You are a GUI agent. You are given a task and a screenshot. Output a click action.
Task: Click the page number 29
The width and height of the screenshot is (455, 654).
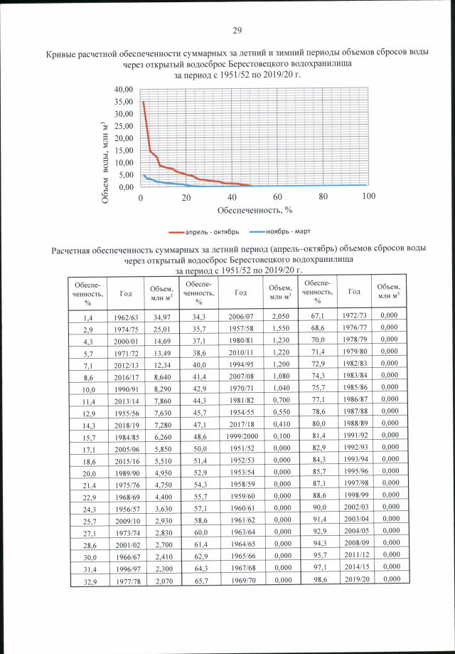point(237,29)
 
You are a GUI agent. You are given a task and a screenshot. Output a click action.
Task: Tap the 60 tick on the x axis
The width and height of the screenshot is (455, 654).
point(277,196)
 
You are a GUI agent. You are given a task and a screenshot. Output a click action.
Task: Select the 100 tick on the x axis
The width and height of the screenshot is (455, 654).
point(368,196)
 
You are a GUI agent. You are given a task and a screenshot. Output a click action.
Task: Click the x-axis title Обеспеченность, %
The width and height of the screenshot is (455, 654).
point(255,209)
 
